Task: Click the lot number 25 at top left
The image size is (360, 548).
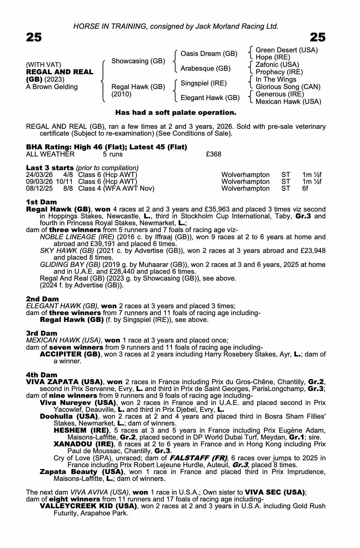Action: click(34, 37)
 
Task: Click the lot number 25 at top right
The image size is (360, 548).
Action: click(318, 37)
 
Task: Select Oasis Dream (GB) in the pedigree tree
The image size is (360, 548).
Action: click(209, 54)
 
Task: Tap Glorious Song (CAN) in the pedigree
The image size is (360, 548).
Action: click(288, 87)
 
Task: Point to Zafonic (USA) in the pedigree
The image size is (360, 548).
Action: click(277, 65)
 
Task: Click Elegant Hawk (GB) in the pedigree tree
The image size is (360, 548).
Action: click(210, 98)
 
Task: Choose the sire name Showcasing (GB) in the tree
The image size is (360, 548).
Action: click(138, 61)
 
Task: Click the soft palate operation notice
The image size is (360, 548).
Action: click(175, 113)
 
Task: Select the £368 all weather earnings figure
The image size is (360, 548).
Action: click(214, 154)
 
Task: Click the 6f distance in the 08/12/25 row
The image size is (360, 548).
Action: click(305, 189)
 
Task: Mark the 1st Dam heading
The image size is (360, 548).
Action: click(41, 202)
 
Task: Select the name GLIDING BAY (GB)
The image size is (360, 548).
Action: click(70, 265)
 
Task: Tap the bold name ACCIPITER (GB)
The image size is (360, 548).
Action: click(70, 354)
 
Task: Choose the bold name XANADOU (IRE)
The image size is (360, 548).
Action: click(83, 444)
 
